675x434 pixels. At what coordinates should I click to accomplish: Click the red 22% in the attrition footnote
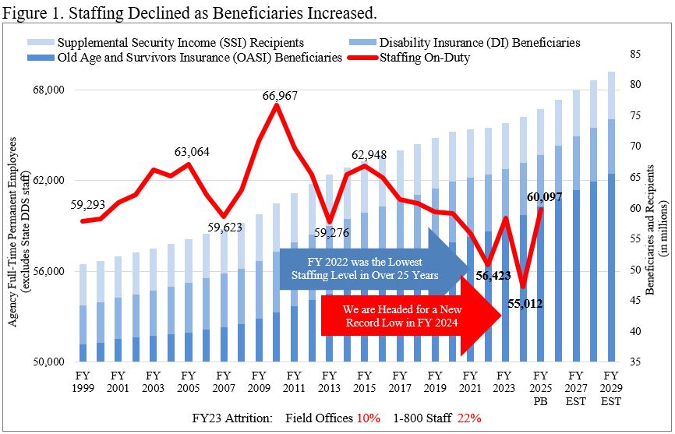coord(469,418)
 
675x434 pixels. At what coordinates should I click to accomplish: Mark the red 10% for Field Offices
coord(368,418)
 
